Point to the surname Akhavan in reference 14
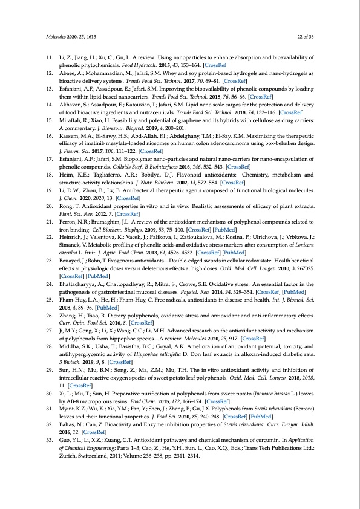pyautogui.click(x=69, y=103)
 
